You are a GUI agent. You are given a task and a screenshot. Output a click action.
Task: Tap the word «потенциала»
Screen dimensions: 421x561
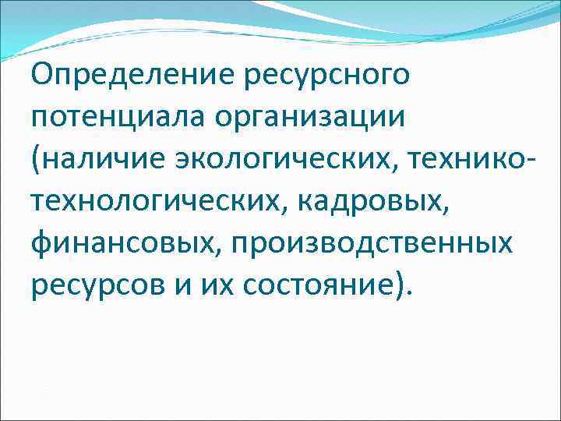pyautogui.click(x=121, y=119)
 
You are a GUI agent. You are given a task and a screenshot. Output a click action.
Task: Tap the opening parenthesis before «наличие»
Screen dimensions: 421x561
pyautogui.click(x=37, y=161)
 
